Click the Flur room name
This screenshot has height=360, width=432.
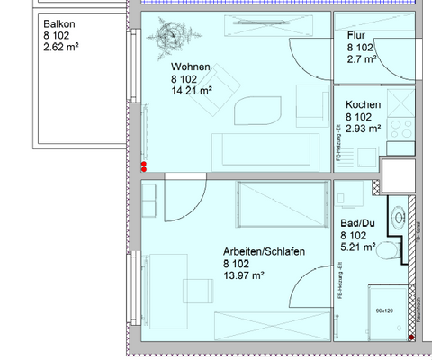click(x=356, y=34)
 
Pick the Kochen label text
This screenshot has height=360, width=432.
click(x=363, y=105)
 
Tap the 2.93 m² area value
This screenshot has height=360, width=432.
click(x=364, y=129)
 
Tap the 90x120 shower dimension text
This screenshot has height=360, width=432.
click(x=384, y=310)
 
